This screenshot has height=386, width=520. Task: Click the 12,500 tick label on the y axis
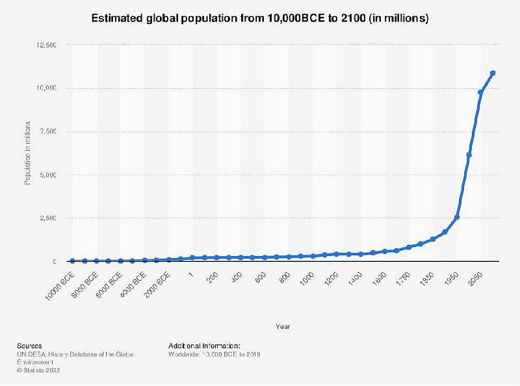pos(46,45)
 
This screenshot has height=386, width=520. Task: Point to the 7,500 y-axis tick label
pos(48,132)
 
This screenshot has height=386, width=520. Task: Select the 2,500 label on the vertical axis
pos(48,218)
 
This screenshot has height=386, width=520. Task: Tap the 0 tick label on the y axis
pos(55,262)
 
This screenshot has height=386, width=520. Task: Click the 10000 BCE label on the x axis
pos(60,286)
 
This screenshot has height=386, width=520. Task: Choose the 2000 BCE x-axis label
pos(157,285)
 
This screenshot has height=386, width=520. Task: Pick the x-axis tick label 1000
pos(306,279)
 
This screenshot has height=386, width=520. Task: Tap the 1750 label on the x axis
pos(403,279)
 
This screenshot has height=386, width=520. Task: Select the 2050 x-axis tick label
pos(475,279)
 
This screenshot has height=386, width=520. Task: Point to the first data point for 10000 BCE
pos(72,261)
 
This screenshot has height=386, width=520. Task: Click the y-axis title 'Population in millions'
pos(27,153)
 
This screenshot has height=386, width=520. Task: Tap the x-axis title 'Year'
pos(283,327)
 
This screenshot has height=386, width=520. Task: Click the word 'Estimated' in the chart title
pos(118,18)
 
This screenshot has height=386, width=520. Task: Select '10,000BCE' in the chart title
pos(296,18)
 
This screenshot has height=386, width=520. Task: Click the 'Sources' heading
pos(29,346)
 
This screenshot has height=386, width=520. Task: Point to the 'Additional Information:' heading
pos(204,346)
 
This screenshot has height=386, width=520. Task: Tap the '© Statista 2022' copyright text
pos(38,370)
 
